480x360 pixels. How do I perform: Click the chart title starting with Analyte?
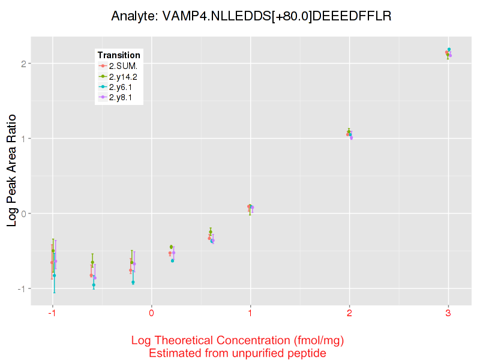click(x=251, y=16)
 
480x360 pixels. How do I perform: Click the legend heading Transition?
click(x=119, y=55)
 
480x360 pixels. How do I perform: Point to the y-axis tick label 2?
click(x=22, y=64)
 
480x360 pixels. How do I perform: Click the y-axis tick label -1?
click(x=20, y=289)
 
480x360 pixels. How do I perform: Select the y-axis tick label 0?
click(x=22, y=214)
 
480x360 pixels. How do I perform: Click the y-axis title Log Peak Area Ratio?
click(x=12, y=171)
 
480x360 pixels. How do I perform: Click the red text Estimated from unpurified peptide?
click(x=237, y=353)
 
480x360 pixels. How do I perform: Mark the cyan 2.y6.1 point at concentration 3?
click(x=449, y=49)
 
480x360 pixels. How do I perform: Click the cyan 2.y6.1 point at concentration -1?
click(x=54, y=275)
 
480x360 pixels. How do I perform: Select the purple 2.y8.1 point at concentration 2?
click(x=351, y=138)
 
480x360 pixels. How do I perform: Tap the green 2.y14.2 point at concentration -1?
click(x=53, y=251)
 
